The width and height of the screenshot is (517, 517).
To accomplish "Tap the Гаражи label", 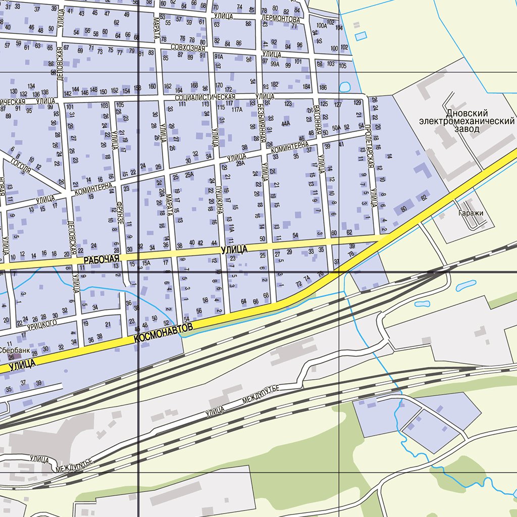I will (x=472, y=213).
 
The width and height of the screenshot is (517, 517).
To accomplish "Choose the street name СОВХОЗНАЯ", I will (x=188, y=48).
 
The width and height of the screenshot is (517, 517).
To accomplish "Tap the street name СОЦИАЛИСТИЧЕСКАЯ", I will (x=205, y=96).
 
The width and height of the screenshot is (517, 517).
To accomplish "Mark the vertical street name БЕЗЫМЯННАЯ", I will (x=261, y=121).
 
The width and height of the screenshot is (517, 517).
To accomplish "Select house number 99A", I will (x=275, y=64).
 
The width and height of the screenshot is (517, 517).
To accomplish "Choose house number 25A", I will (x=189, y=175).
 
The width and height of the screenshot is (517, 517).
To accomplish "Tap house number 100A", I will (x=321, y=25).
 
